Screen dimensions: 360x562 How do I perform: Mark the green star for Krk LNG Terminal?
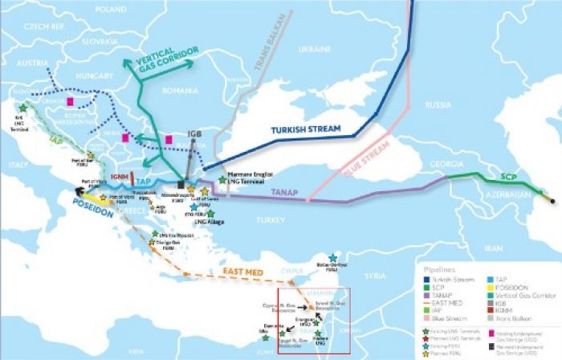click(x=22, y=106)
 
